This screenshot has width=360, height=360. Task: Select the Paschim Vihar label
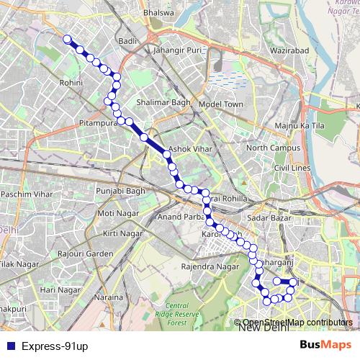26,194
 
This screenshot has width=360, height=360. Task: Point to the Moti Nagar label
116,213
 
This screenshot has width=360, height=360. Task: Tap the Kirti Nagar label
120,234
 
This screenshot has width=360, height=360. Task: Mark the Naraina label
109,297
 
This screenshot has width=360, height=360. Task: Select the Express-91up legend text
54,346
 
